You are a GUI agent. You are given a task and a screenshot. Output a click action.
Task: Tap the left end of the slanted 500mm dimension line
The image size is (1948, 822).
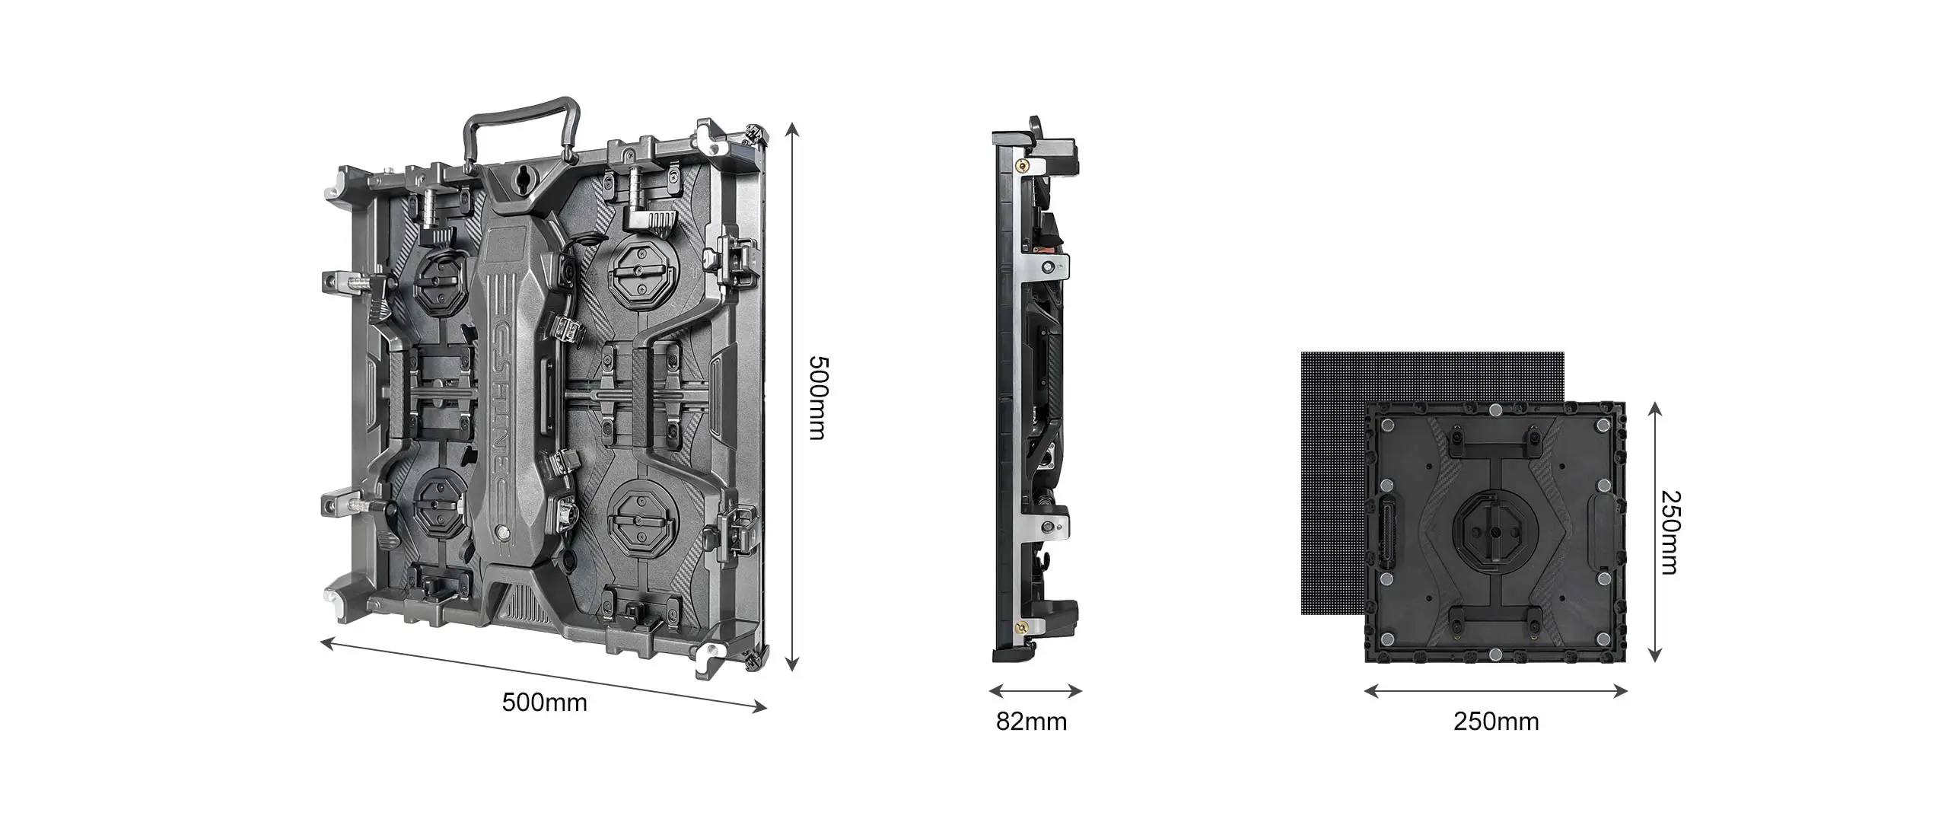tap(321, 643)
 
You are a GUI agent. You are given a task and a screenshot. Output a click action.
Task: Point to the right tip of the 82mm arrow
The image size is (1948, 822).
tap(1082, 691)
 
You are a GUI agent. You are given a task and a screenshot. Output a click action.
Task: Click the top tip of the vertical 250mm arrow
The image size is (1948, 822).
tap(1654, 404)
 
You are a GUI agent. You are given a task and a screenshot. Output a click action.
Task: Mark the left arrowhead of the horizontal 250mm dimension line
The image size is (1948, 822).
tap(1364, 691)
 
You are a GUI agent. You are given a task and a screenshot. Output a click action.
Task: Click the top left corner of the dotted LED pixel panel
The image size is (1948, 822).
tap(1302, 352)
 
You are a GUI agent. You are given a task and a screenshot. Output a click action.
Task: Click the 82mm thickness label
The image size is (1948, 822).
tap(1031, 721)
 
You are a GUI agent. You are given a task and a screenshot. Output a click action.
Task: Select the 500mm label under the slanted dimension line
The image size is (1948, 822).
tap(545, 702)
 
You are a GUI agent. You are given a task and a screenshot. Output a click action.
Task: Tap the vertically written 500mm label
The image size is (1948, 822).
tap(816, 397)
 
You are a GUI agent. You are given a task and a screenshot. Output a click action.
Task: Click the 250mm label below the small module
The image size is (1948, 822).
tap(1496, 721)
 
